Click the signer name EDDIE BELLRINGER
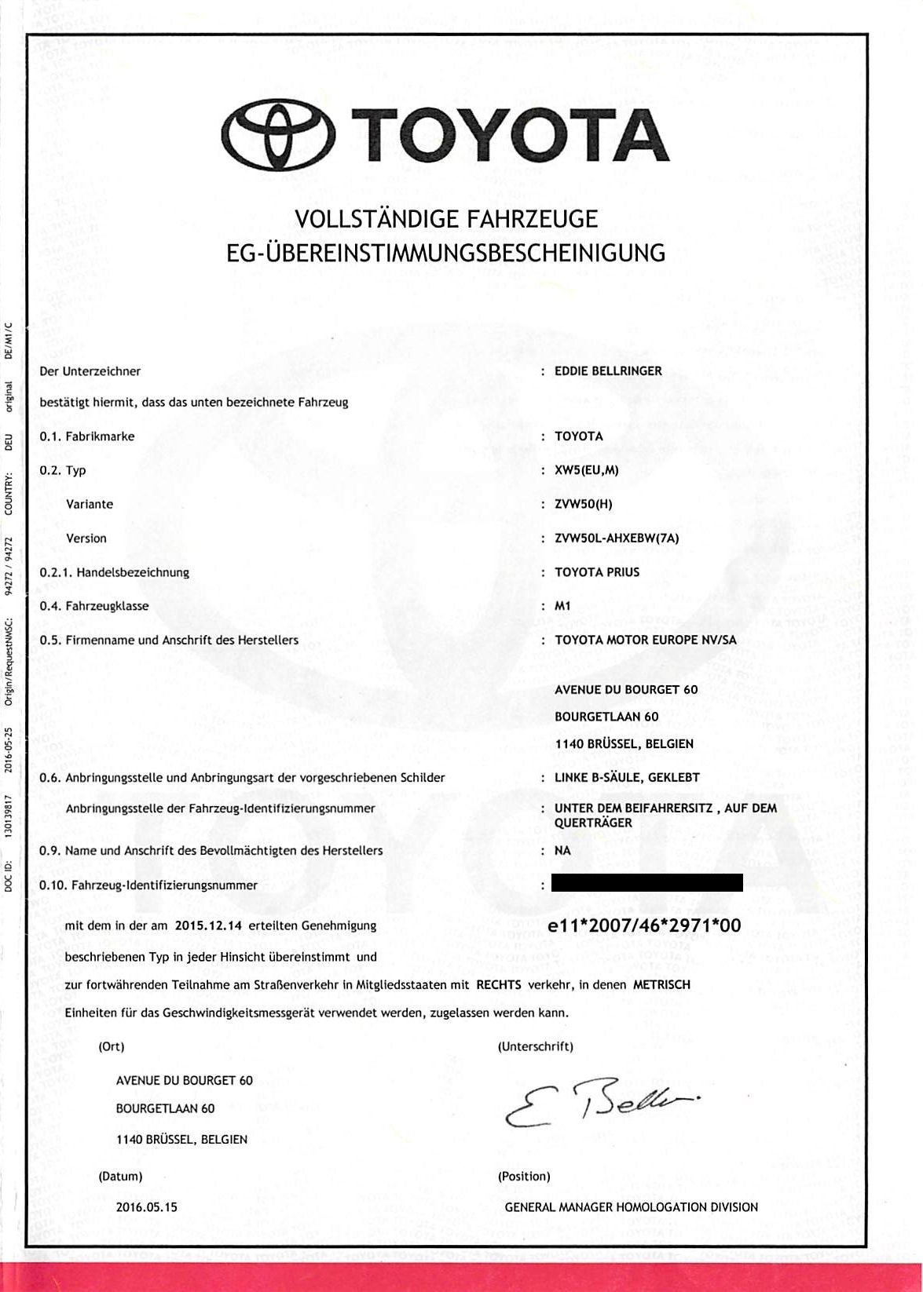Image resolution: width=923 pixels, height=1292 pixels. pyautogui.click(x=608, y=370)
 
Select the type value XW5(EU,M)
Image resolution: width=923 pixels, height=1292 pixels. pyautogui.click(x=586, y=470)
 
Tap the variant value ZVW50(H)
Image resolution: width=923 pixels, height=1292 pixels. pyautogui.click(x=583, y=504)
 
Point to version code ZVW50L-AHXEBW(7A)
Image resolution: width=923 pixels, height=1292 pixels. pyautogui.click(x=617, y=538)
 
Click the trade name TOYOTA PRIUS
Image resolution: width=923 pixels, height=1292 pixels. pyautogui.click(x=597, y=572)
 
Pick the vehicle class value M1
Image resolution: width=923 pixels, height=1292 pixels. pyautogui.click(x=562, y=606)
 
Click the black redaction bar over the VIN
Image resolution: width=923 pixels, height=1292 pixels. pyautogui.click(x=647, y=884)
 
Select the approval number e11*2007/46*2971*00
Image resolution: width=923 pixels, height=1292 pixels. pyautogui.click(x=644, y=925)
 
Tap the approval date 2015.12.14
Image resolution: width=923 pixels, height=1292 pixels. pyautogui.click(x=208, y=925)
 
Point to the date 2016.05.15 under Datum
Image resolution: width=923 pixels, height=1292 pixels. pyautogui.click(x=147, y=1206)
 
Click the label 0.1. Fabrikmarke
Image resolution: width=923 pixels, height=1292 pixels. pyautogui.click(x=87, y=436)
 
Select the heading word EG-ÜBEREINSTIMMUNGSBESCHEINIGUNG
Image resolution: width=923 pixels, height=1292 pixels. pyautogui.click(x=445, y=253)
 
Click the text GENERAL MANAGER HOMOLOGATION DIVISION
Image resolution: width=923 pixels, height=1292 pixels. pyautogui.click(x=631, y=1206)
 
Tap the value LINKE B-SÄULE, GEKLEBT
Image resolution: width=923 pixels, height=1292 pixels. pyautogui.click(x=627, y=777)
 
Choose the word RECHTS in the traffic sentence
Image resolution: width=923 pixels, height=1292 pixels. pyautogui.click(x=499, y=984)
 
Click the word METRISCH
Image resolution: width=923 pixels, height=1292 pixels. pyautogui.click(x=661, y=984)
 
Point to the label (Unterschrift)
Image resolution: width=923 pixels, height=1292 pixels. pyautogui.click(x=535, y=1046)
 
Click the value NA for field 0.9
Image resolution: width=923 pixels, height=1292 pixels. pyautogui.click(x=562, y=850)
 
